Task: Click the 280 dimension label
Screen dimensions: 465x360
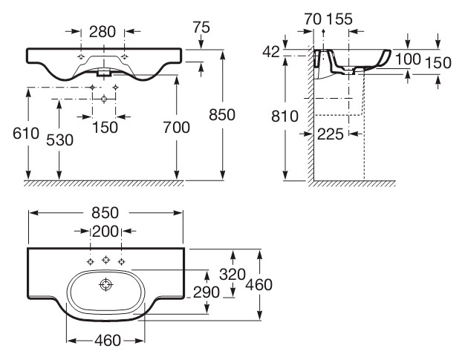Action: pos(103,32)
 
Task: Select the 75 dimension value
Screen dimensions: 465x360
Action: pos(201,27)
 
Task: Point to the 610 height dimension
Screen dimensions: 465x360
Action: pos(26,134)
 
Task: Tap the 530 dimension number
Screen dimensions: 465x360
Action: pos(59,140)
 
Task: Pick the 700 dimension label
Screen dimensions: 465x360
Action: pos(177,128)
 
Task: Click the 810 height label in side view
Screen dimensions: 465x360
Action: pos(284,116)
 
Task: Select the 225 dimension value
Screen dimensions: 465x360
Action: pos(331,134)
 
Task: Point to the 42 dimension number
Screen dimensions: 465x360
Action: pos(271,52)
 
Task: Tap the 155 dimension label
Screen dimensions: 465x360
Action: pos(339,19)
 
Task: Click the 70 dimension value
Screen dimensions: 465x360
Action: pos(313,19)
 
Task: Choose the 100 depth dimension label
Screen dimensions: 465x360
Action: pos(408,59)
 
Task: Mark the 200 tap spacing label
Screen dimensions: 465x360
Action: pos(105,232)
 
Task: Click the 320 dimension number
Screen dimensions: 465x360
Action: pos(232,275)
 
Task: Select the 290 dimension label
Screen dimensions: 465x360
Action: pos(207,292)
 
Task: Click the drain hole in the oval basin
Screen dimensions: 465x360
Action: pos(105,285)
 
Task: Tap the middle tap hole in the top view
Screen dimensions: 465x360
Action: pos(106,260)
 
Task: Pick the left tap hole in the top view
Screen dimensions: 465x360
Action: pos(91,261)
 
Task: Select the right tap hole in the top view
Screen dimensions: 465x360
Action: pos(121,261)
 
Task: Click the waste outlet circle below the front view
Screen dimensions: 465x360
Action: pos(104,99)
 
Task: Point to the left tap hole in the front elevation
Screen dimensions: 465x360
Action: pos(81,57)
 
